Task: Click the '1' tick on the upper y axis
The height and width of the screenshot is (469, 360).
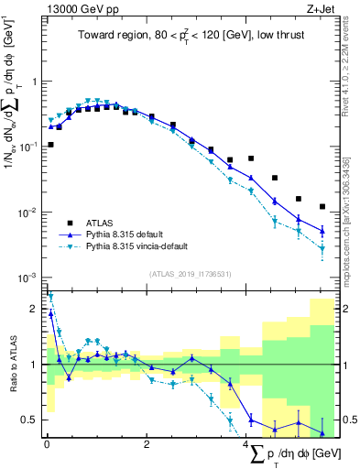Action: [x=36, y=81]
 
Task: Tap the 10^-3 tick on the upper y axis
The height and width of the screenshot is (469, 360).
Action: [x=30, y=278]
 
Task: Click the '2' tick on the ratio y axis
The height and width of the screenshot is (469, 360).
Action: [x=36, y=310]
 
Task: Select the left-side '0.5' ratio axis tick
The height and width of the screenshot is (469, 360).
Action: [x=32, y=420]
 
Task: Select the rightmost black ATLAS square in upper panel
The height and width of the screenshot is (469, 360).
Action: [x=322, y=207]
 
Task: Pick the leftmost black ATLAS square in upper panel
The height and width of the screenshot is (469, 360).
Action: [x=50, y=145]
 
